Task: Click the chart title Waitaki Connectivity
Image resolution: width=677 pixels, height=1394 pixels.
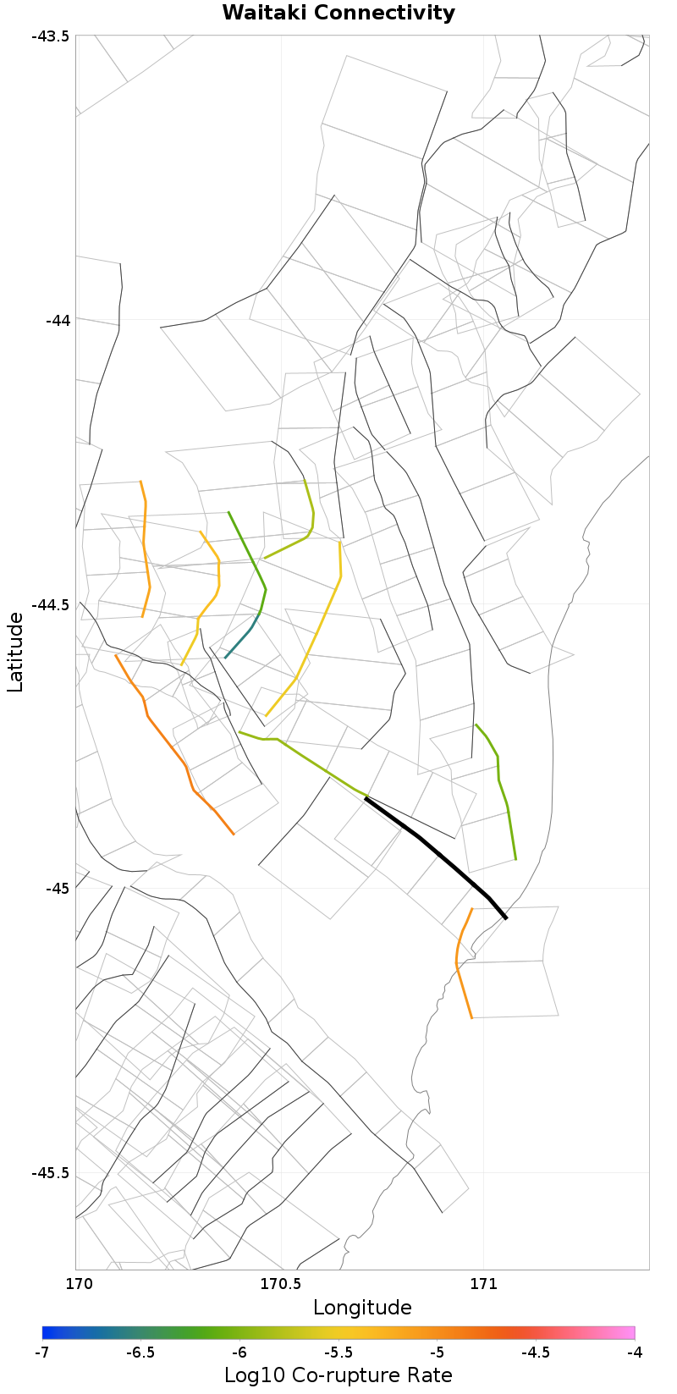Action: tap(338, 14)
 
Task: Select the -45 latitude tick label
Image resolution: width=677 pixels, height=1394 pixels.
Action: tap(56, 889)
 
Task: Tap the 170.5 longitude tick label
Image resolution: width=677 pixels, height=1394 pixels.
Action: tap(279, 1284)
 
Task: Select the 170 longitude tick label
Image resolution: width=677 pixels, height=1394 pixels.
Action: tap(76, 1284)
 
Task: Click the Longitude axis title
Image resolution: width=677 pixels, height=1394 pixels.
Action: tap(362, 1308)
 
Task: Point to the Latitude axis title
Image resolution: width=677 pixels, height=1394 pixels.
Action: tap(15, 652)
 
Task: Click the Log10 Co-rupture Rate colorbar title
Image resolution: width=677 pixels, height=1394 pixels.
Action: tap(338, 1375)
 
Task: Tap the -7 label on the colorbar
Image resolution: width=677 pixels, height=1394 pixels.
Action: tap(42, 1353)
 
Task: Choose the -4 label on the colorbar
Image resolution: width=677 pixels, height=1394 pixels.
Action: tap(635, 1353)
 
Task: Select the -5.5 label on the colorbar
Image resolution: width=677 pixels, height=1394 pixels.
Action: tap(338, 1353)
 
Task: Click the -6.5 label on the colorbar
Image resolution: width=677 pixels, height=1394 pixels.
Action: tap(140, 1353)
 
